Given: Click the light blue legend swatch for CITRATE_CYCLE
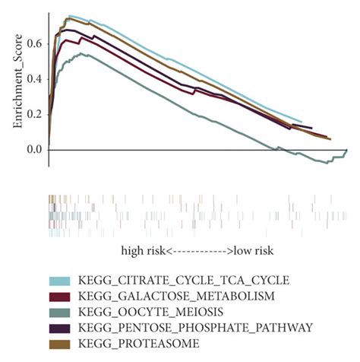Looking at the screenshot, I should point(62,280).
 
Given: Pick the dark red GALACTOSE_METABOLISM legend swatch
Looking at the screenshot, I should point(62,296).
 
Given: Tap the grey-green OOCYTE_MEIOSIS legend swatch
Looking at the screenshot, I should point(62,312).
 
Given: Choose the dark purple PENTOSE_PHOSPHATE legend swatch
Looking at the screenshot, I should point(62,328).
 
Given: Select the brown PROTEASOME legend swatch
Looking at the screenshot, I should point(62,344).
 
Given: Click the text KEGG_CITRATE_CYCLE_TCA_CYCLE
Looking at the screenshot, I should point(183,280).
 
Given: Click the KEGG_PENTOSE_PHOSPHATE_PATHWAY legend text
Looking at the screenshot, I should point(194,328).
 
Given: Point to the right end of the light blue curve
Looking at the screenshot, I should point(302,122).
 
